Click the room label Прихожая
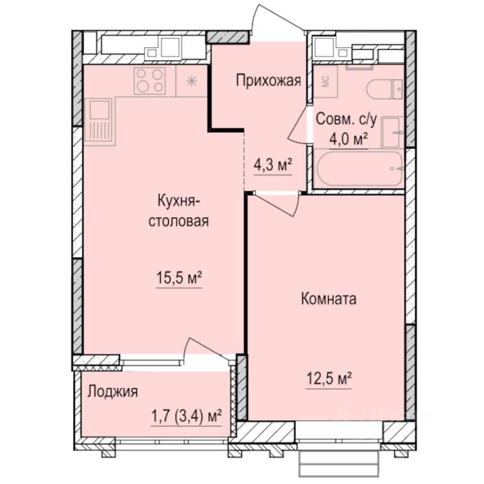(269, 81)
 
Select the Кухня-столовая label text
(178, 212)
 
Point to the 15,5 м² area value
(179, 278)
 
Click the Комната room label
(329, 298)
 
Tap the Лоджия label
(112, 391)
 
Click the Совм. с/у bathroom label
(346, 119)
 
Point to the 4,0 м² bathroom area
(348, 139)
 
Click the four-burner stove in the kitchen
(150, 81)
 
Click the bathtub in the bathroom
(359, 168)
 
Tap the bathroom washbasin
(392, 132)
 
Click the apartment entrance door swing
(275, 23)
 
